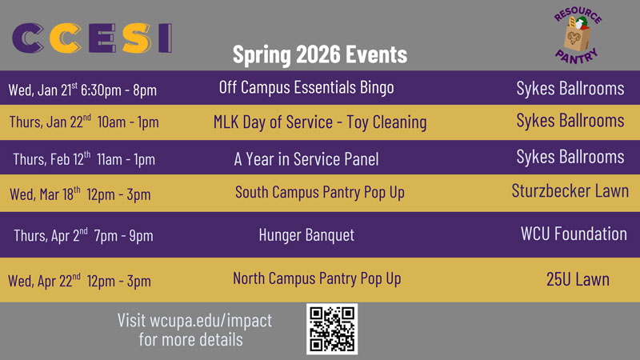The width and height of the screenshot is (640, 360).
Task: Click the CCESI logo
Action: point(93,38)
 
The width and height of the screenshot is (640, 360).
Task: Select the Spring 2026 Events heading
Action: point(320,54)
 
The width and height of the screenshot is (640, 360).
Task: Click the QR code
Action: point(332,329)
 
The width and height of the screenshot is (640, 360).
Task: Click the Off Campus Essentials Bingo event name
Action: point(306,87)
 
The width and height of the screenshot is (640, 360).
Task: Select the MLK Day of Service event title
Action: point(320,122)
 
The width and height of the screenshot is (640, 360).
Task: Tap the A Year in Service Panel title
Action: point(306,159)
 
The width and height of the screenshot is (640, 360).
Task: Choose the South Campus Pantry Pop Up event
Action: point(320,193)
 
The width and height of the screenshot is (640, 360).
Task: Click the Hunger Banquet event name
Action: point(306,235)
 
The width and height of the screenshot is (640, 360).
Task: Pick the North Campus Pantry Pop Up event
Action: point(317,278)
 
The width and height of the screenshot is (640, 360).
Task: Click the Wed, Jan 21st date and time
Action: point(82,89)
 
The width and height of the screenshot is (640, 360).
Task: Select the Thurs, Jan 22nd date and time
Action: point(84,122)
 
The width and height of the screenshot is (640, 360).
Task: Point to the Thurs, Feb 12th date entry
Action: point(84,158)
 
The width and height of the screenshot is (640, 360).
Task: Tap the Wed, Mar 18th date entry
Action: point(80,194)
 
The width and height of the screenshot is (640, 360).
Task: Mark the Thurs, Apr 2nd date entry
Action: point(83,235)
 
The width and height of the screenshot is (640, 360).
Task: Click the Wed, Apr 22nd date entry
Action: point(79,281)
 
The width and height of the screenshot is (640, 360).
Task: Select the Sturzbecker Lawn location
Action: point(570,191)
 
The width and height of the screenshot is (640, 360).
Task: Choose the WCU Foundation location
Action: point(574,234)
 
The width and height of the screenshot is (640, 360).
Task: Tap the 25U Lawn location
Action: point(578,279)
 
